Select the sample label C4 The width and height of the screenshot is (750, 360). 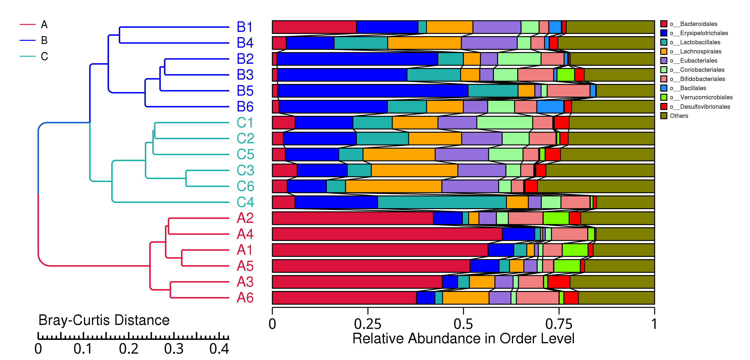pos(245,202)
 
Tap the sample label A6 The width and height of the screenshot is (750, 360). pos(245,297)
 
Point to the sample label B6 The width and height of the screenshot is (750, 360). pos(245,107)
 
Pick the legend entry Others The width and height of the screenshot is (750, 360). pos(679,116)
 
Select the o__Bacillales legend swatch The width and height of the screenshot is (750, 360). pos(664,88)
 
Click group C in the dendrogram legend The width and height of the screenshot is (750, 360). pos(44,56)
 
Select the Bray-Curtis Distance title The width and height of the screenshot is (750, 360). pos(104,320)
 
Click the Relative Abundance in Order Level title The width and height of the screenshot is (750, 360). pos(463,338)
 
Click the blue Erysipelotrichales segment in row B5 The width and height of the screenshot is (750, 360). pos(373,91)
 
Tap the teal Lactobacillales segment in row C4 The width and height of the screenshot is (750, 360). pos(442,202)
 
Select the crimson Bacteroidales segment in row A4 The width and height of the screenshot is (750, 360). pos(387,234)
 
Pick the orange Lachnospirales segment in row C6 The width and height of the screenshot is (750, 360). pos(393,186)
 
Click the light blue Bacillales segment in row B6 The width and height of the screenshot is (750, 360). pos(550,107)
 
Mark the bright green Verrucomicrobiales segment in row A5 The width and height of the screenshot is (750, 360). pos(567,266)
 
